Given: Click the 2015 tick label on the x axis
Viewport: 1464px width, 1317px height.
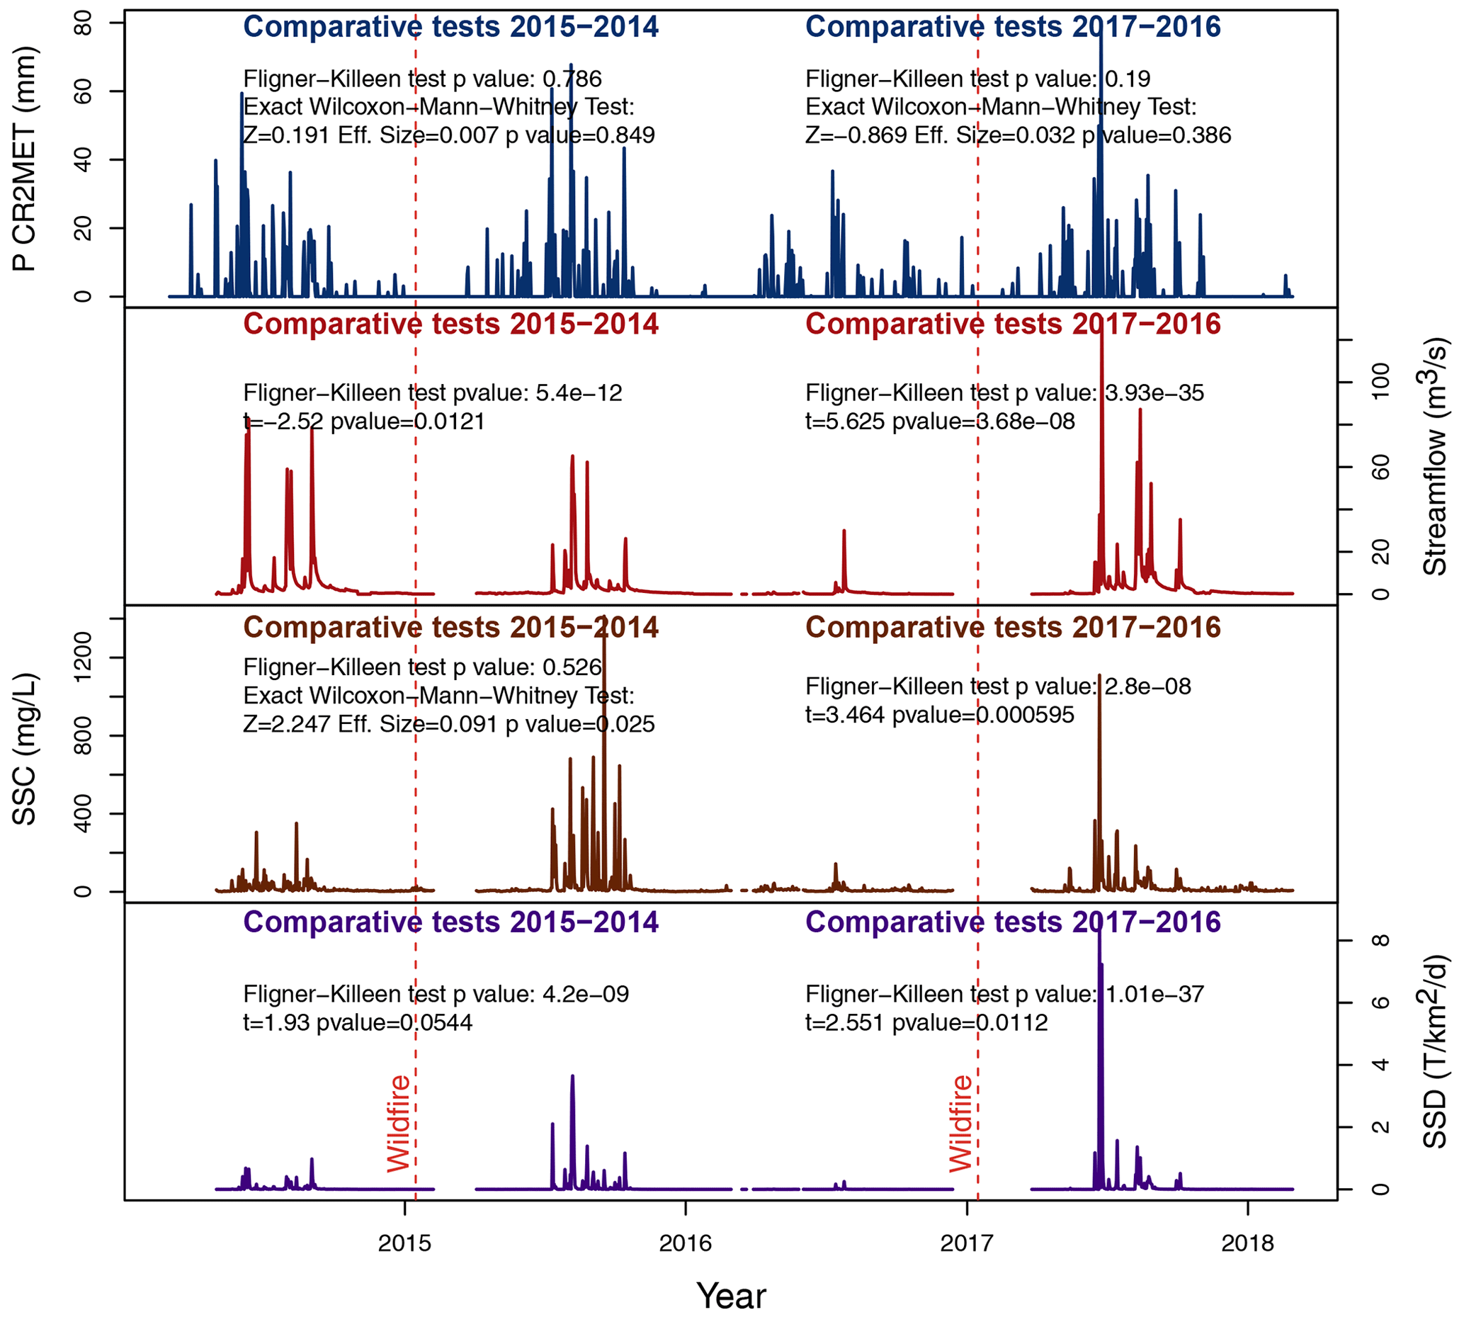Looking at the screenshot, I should pos(404,1243).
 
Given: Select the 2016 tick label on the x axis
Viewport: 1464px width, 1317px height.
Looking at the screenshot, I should pos(685,1243).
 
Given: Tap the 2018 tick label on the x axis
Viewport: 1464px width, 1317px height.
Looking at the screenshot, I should pos(1248,1243).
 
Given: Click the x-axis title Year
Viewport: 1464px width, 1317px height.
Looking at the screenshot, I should pos(730,1295).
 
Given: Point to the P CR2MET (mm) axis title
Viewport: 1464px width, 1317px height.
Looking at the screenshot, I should pos(25,159).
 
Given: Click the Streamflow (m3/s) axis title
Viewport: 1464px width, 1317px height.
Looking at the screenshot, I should pos(1434,457).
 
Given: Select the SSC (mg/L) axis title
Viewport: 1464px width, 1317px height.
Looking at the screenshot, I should pos(25,749).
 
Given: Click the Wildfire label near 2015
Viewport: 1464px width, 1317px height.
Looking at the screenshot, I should pos(399,1124).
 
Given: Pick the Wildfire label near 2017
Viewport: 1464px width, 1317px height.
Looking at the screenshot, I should pos(960,1124).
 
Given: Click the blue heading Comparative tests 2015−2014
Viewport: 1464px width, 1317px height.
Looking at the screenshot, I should pos(450,28).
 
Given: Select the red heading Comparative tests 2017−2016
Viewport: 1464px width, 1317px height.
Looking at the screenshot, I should pos(1013,324).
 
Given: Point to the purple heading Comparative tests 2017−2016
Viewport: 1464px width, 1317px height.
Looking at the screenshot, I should pos(1013,922).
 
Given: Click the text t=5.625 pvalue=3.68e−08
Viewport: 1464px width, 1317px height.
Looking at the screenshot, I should pos(940,421).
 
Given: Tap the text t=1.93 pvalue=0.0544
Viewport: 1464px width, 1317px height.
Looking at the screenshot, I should pos(357,1022).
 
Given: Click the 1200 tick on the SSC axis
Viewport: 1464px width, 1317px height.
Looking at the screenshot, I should pos(84,657).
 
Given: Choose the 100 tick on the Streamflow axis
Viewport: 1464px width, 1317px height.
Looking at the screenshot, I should pos(1380,381).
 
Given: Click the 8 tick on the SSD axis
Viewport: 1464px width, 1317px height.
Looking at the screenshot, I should pos(1380,940).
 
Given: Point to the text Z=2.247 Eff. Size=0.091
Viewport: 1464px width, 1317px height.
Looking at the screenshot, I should pos(370,724).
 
